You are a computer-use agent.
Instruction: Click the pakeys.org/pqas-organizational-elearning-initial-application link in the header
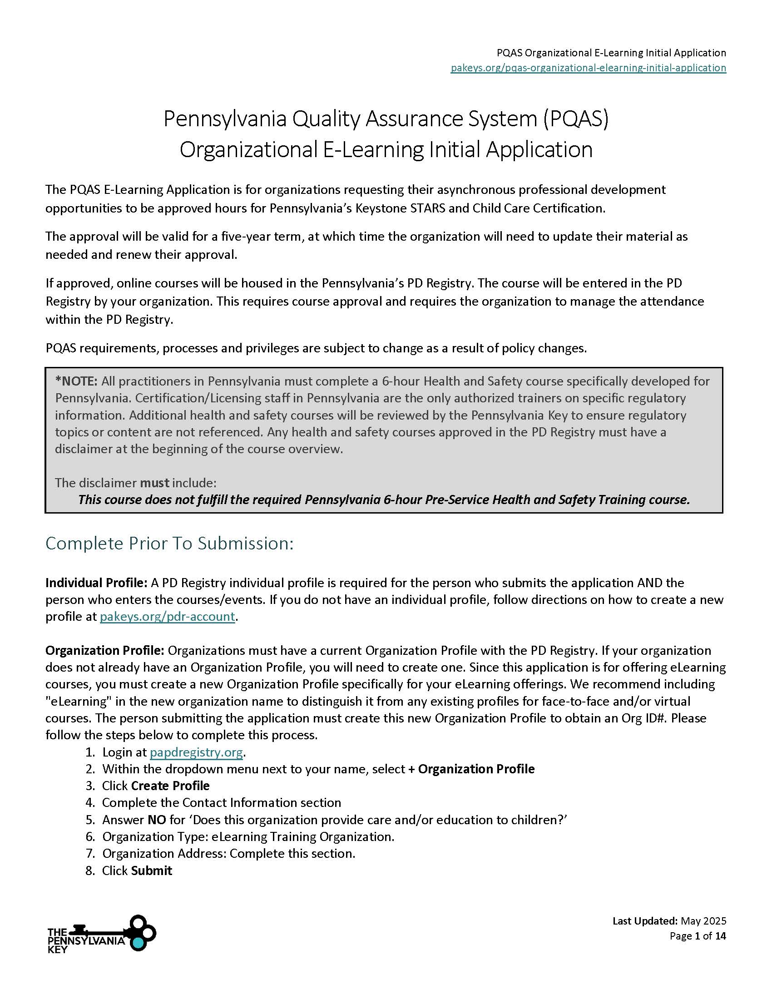click(588, 68)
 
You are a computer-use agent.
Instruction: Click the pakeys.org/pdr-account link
click(168, 616)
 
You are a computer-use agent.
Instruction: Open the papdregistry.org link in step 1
click(196, 752)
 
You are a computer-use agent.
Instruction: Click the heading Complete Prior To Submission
click(169, 543)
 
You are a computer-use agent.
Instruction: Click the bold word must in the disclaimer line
click(154, 483)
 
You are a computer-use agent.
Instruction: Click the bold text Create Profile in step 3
click(170, 786)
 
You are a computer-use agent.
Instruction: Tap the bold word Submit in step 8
click(151, 870)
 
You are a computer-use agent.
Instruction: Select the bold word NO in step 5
click(156, 819)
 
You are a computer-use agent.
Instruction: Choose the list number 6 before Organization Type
click(90, 836)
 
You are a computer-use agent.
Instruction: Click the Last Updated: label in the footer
click(645, 921)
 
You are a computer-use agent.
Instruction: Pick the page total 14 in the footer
click(720, 936)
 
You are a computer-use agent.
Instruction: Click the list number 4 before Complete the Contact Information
click(90, 802)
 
